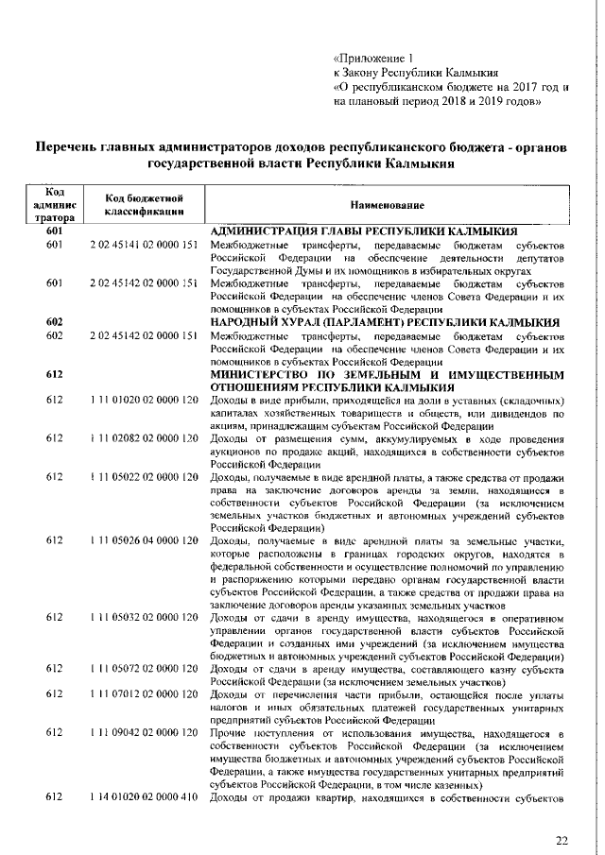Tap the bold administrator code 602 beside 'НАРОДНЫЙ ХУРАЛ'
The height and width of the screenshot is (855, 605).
pyautogui.click(x=54, y=322)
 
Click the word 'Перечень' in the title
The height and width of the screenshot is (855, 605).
pyautogui.click(x=70, y=147)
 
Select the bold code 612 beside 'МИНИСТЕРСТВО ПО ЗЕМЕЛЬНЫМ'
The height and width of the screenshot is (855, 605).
pyautogui.click(x=54, y=374)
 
